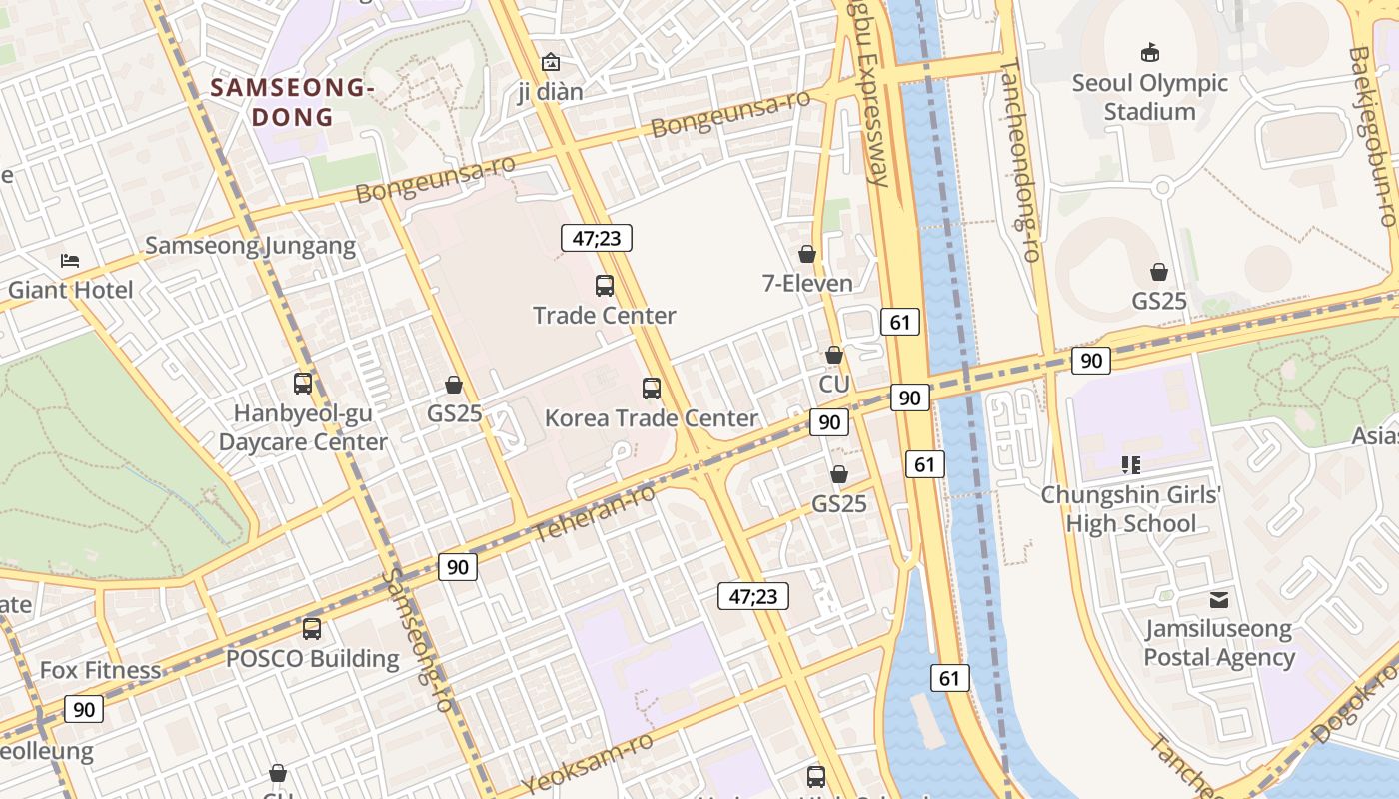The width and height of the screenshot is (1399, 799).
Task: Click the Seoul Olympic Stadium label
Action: point(1149,97)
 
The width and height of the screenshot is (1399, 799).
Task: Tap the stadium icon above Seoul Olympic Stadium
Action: point(1149,53)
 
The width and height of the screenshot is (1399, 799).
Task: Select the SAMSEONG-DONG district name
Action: point(292,102)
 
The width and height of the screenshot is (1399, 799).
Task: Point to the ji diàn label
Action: point(550,92)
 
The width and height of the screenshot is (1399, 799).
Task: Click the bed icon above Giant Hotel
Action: point(69,261)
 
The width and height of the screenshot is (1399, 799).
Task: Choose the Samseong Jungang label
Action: point(250,246)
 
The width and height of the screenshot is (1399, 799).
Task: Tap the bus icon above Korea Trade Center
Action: point(652,389)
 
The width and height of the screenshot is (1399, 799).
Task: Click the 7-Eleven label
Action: point(807,283)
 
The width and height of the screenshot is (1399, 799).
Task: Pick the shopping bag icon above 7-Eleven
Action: point(807,254)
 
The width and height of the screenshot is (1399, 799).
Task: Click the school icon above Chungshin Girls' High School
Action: point(1131,464)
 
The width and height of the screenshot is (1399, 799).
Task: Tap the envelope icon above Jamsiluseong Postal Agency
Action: point(1218,600)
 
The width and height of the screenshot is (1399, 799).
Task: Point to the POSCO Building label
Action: point(312,659)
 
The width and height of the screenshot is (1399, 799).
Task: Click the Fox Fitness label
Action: point(100,670)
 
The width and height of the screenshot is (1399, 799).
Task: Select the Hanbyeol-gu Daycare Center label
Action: point(302,427)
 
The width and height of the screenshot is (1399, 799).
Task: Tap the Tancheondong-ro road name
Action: point(1020,160)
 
